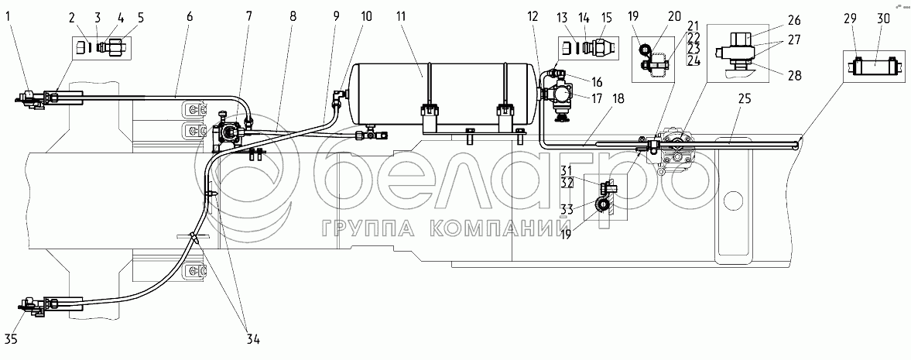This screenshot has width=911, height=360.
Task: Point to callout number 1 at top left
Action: (9, 16)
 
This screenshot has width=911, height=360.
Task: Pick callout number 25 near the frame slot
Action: (745, 99)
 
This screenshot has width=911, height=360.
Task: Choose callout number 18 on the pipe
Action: (617, 99)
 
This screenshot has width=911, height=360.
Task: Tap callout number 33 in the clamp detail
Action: (567, 209)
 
